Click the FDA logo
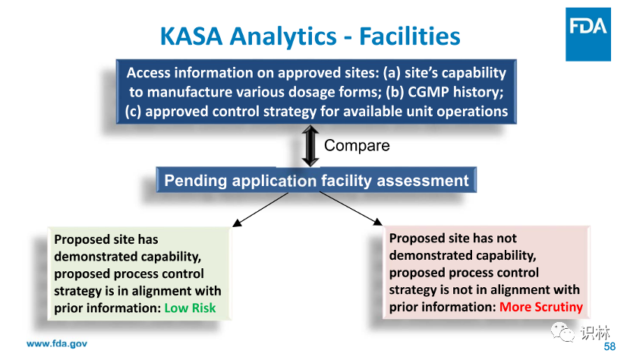coord(587,34)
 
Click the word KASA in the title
coord(191,36)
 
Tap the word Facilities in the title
coord(409,36)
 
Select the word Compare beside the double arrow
coord(357,145)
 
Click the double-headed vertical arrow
coord(310,146)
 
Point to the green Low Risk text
coord(190,308)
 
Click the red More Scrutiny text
coord(540,307)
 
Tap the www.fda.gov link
coord(57,343)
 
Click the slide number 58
coord(610,346)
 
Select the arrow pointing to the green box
coord(261,209)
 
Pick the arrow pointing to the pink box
coord(351,208)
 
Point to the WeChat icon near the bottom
coord(562,332)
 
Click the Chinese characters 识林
coord(595,333)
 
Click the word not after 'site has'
coord(506,238)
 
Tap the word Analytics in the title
coord(283,36)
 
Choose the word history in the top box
coord(478,92)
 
